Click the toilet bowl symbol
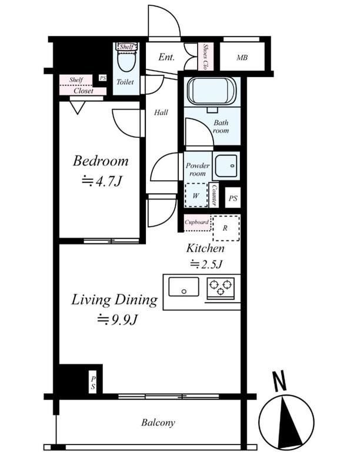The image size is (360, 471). point(126,61)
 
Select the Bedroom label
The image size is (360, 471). point(101,161)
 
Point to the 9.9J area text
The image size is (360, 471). point(117,320)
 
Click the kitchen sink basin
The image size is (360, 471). point(184,287)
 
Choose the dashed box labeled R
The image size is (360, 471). point(226,228)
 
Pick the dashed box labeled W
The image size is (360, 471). point(196,195)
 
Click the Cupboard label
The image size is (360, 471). point(197,223)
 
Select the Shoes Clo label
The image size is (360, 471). point(205,57)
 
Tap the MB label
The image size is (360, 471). point(242,57)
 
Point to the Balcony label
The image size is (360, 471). point(158,423)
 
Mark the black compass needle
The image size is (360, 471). point(289,422)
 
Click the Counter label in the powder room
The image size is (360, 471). point(214,195)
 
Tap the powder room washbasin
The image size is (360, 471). point(226,166)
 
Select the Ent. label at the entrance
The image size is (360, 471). point(166,57)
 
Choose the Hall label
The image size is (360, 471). point(161,112)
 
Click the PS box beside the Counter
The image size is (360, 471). point(233,198)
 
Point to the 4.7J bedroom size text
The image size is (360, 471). point(102,181)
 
